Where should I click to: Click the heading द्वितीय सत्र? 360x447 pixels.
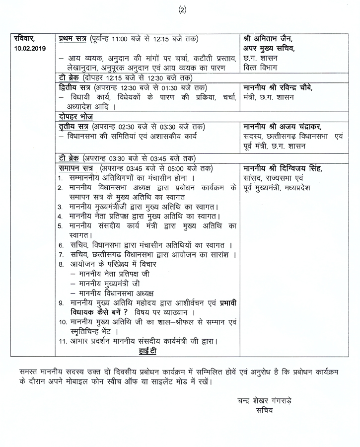click(x=74, y=87)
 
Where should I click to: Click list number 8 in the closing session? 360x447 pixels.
click(x=61, y=264)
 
